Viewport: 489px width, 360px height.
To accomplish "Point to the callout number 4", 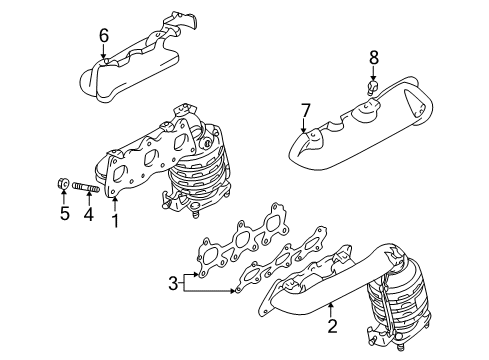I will [87, 213].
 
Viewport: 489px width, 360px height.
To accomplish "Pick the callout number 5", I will [62, 213].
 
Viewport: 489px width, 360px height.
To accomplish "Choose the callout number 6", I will [102, 37].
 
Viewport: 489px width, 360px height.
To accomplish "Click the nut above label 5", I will [61, 184].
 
